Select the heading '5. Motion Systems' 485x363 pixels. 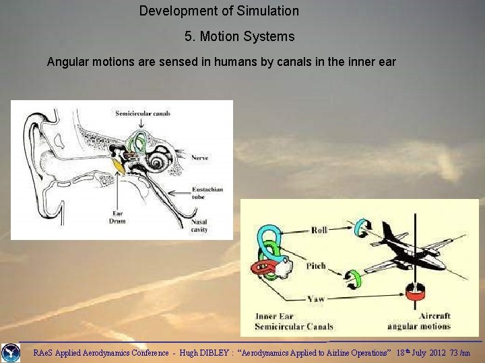point(239,36)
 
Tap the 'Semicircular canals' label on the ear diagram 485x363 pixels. point(143,113)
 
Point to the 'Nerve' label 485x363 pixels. point(199,157)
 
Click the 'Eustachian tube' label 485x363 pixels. point(205,194)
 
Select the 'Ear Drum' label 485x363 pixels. point(117,217)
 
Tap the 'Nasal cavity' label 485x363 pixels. point(199,225)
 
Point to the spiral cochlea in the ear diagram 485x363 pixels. point(159,161)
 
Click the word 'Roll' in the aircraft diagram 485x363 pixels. point(319,230)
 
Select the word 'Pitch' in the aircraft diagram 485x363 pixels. point(316,266)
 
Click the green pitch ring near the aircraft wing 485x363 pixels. point(352,277)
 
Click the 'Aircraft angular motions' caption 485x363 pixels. point(418,321)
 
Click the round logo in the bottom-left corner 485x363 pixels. point(10,352)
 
